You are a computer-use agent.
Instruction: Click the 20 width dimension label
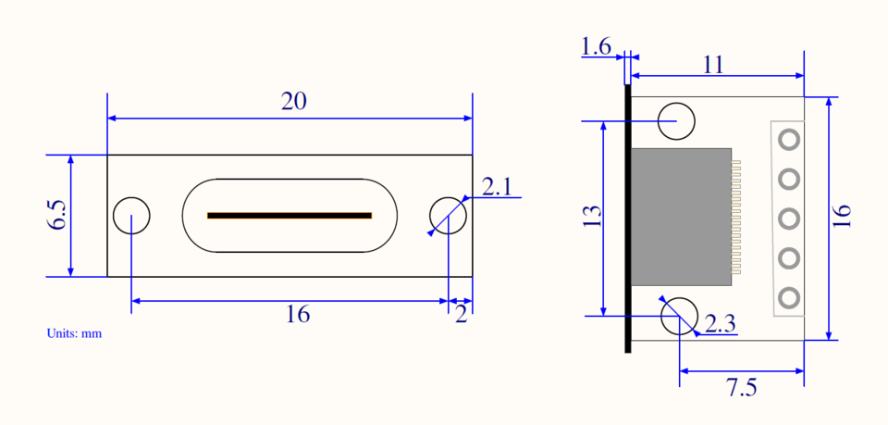pos(293,102)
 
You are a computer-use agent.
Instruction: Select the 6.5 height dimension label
pos(57,215)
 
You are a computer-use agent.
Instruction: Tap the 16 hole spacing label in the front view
pos(297,315)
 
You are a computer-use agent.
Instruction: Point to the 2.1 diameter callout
pos(497,187)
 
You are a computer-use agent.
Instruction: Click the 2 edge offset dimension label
pos(461,315)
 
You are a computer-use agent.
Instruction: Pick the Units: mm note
pos(74,333)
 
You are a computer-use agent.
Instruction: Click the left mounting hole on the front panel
pos(131,216)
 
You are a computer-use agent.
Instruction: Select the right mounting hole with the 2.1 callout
pos(449,216)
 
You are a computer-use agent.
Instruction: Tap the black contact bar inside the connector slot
pos(290,216)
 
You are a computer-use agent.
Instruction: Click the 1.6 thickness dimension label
pos(597,46)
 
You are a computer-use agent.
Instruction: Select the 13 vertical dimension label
pos(592,216)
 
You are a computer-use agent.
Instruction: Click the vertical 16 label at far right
pos(842,216)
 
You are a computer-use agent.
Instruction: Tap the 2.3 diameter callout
pos(720,324)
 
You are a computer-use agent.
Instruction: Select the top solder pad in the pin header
pos(789,139)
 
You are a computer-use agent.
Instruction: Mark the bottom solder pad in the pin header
pos(789,298)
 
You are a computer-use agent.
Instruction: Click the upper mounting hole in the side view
pos(676,120)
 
